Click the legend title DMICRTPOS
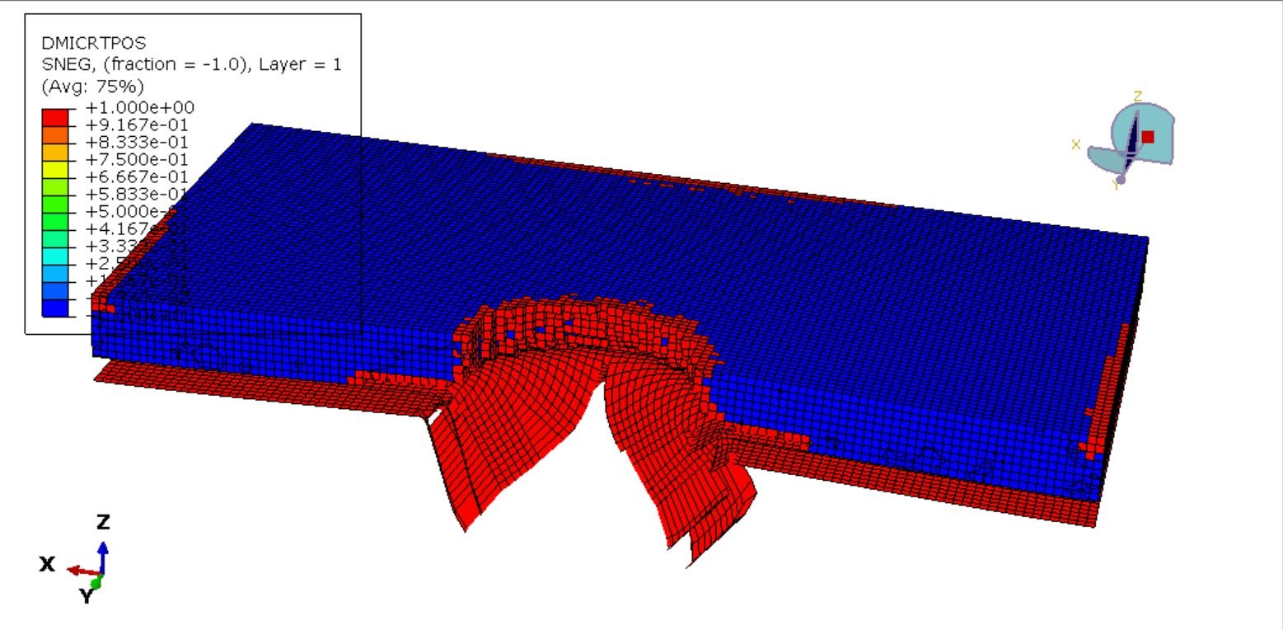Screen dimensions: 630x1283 82,44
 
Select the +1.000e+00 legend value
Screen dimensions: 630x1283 139,107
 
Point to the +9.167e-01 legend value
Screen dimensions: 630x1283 139,125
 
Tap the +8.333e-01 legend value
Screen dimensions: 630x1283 139,142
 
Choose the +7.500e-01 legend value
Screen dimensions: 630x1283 139,159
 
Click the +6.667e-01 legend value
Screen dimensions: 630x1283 139,176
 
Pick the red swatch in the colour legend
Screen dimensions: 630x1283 55,116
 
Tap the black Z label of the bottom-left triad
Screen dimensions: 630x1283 103,522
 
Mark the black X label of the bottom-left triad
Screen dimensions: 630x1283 47,564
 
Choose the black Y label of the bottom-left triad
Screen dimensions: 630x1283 87,596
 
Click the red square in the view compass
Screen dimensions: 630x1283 1148,137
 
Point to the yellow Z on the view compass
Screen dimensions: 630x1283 1138,96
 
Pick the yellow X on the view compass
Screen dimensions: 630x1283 1075,145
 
